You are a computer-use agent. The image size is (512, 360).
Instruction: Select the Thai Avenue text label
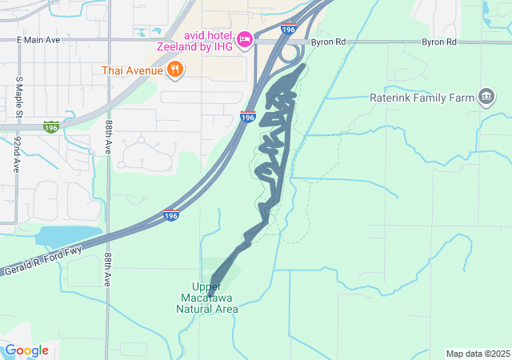[x=133, y=70]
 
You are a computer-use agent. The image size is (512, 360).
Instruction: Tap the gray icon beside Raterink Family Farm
[x=486, y=98]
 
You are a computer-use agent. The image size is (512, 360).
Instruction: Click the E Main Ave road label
[x=38, y=39]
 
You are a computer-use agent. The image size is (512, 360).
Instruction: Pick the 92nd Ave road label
[x=17, y=154]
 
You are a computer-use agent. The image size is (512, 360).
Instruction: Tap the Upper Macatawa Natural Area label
[x=206, y=298]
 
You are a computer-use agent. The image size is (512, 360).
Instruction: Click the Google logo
[x=26, y=350]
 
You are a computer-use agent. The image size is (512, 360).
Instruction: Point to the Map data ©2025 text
[x=477, y=354]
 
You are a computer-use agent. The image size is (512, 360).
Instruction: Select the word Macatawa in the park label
[x=206, y=298]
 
